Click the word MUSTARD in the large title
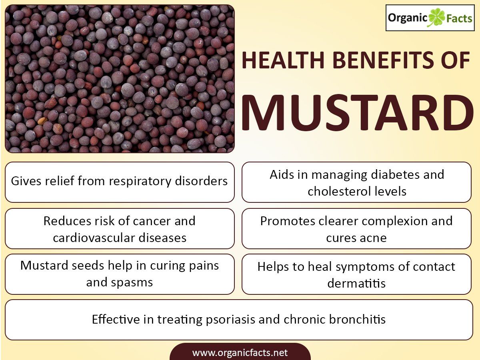tap(358, 113)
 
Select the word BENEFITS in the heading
tap(383, 60)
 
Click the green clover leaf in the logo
tap(437, 18)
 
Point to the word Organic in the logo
tap(408, 18)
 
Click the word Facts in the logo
tap(459, 18)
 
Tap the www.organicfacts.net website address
tap(240, 352)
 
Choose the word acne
tap(374, 238)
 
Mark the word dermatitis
tap(356, 283)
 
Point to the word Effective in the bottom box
tap(116, 319)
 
